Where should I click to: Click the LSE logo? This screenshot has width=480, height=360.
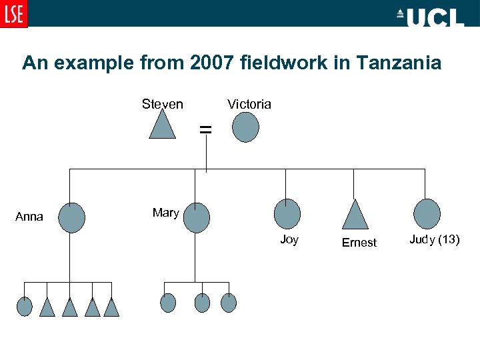[x=14, y=14]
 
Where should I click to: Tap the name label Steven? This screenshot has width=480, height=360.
[x=162, y=104]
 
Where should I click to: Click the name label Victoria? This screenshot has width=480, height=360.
[x=249, y=104]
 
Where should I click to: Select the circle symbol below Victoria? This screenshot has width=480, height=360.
[x=245, y=126]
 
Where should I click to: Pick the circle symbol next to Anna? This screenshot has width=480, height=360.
[x=72, y=217]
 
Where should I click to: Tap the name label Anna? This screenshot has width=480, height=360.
[x=30, y=217]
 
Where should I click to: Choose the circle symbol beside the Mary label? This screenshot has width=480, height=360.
[x=196, y=218]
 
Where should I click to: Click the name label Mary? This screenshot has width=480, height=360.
[x=165, y=213]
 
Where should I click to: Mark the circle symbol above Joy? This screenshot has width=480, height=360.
[x=287, y=213]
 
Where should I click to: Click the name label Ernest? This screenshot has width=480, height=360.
[x=359, y=243]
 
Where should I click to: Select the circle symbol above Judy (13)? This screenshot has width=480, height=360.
[x=427, y=213]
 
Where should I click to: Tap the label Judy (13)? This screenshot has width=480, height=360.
[x=434, y=240]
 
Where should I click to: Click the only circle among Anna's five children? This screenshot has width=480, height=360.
[x=24, y=306]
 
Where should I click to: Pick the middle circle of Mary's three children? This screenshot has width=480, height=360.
[x=202, y=303]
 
